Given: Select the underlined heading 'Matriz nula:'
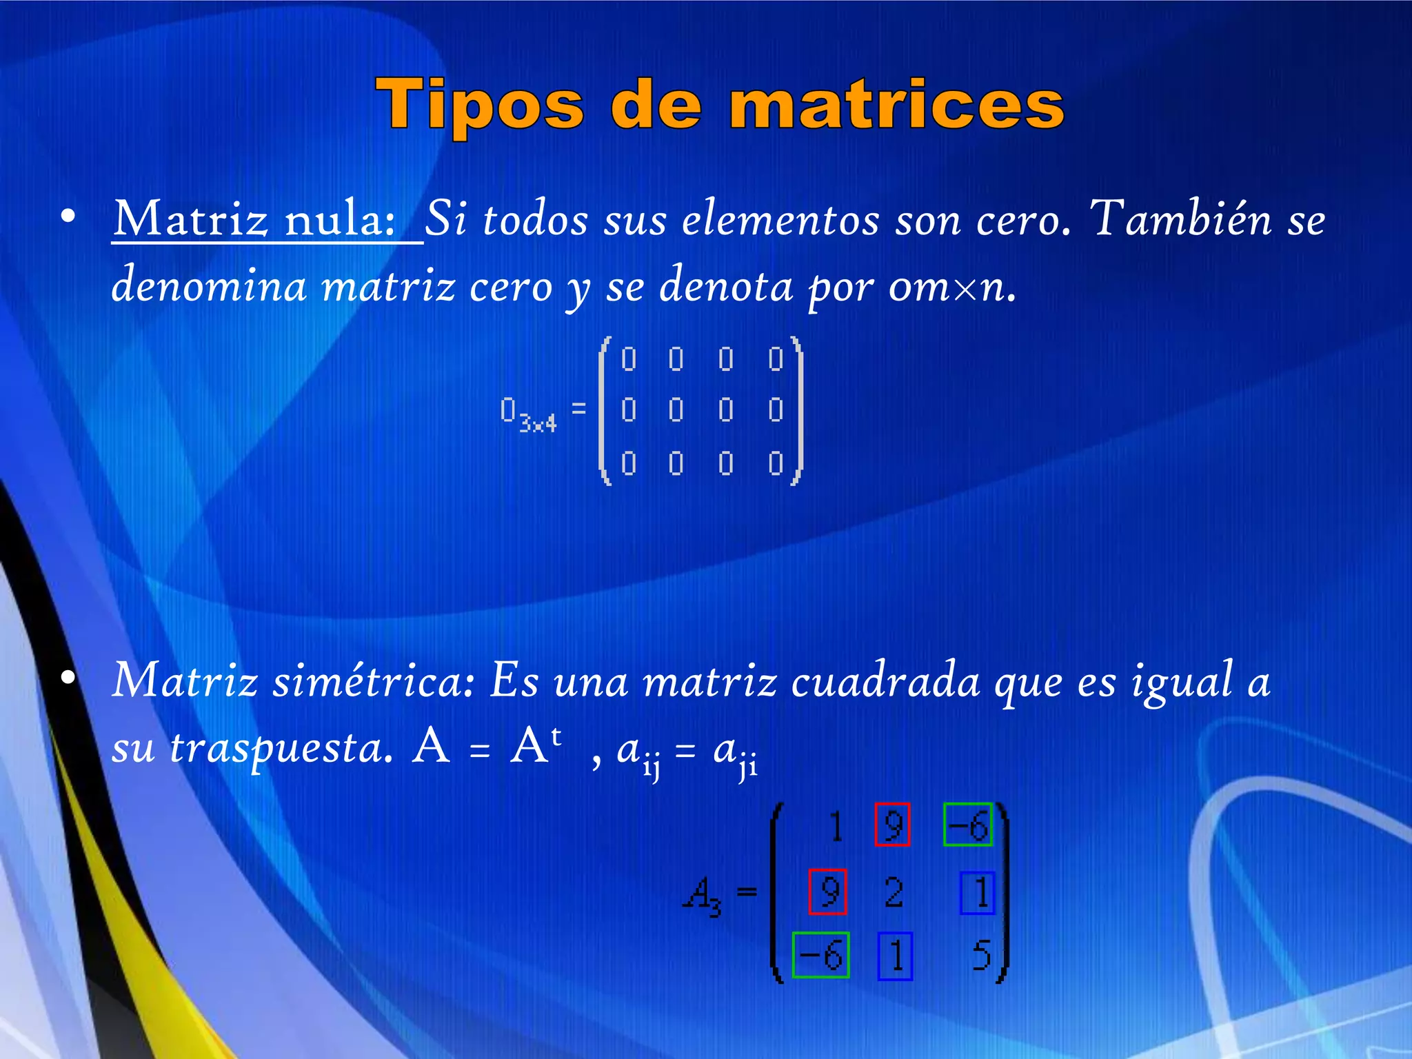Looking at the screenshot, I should pyautogui.click(x=255, y=219).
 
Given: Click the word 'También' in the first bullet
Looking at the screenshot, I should pyautogui.click(x=1180, y=219).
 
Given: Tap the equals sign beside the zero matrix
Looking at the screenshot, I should pyautogui.click(x=578, y=408).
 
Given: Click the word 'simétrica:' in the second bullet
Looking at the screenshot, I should pyautogui.click(x=372, y=681).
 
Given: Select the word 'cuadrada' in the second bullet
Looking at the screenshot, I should pyautogui.click(x=885, y=681).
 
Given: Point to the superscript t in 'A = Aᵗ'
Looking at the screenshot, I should pyautogui.click(x=556, y=736).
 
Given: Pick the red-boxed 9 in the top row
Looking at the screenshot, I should pyautogui.click(x=892, y=825).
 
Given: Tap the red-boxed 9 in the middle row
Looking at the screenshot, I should pyautogui.click(x=827, y=892).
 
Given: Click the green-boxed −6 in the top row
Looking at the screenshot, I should pyautogui.click(x=968, y=825).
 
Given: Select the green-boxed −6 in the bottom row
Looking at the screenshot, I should pyautogui.click(x=820, y=955).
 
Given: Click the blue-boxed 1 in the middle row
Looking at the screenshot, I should pyautogui.click(x=978, y=893).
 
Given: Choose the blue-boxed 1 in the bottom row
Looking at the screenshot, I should pyautogui.click(x=895, y=956).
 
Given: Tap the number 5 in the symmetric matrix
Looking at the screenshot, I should pyautogui.click(x=982, y=956).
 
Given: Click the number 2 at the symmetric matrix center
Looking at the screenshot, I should pyautogui.click(x=894, y=893).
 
